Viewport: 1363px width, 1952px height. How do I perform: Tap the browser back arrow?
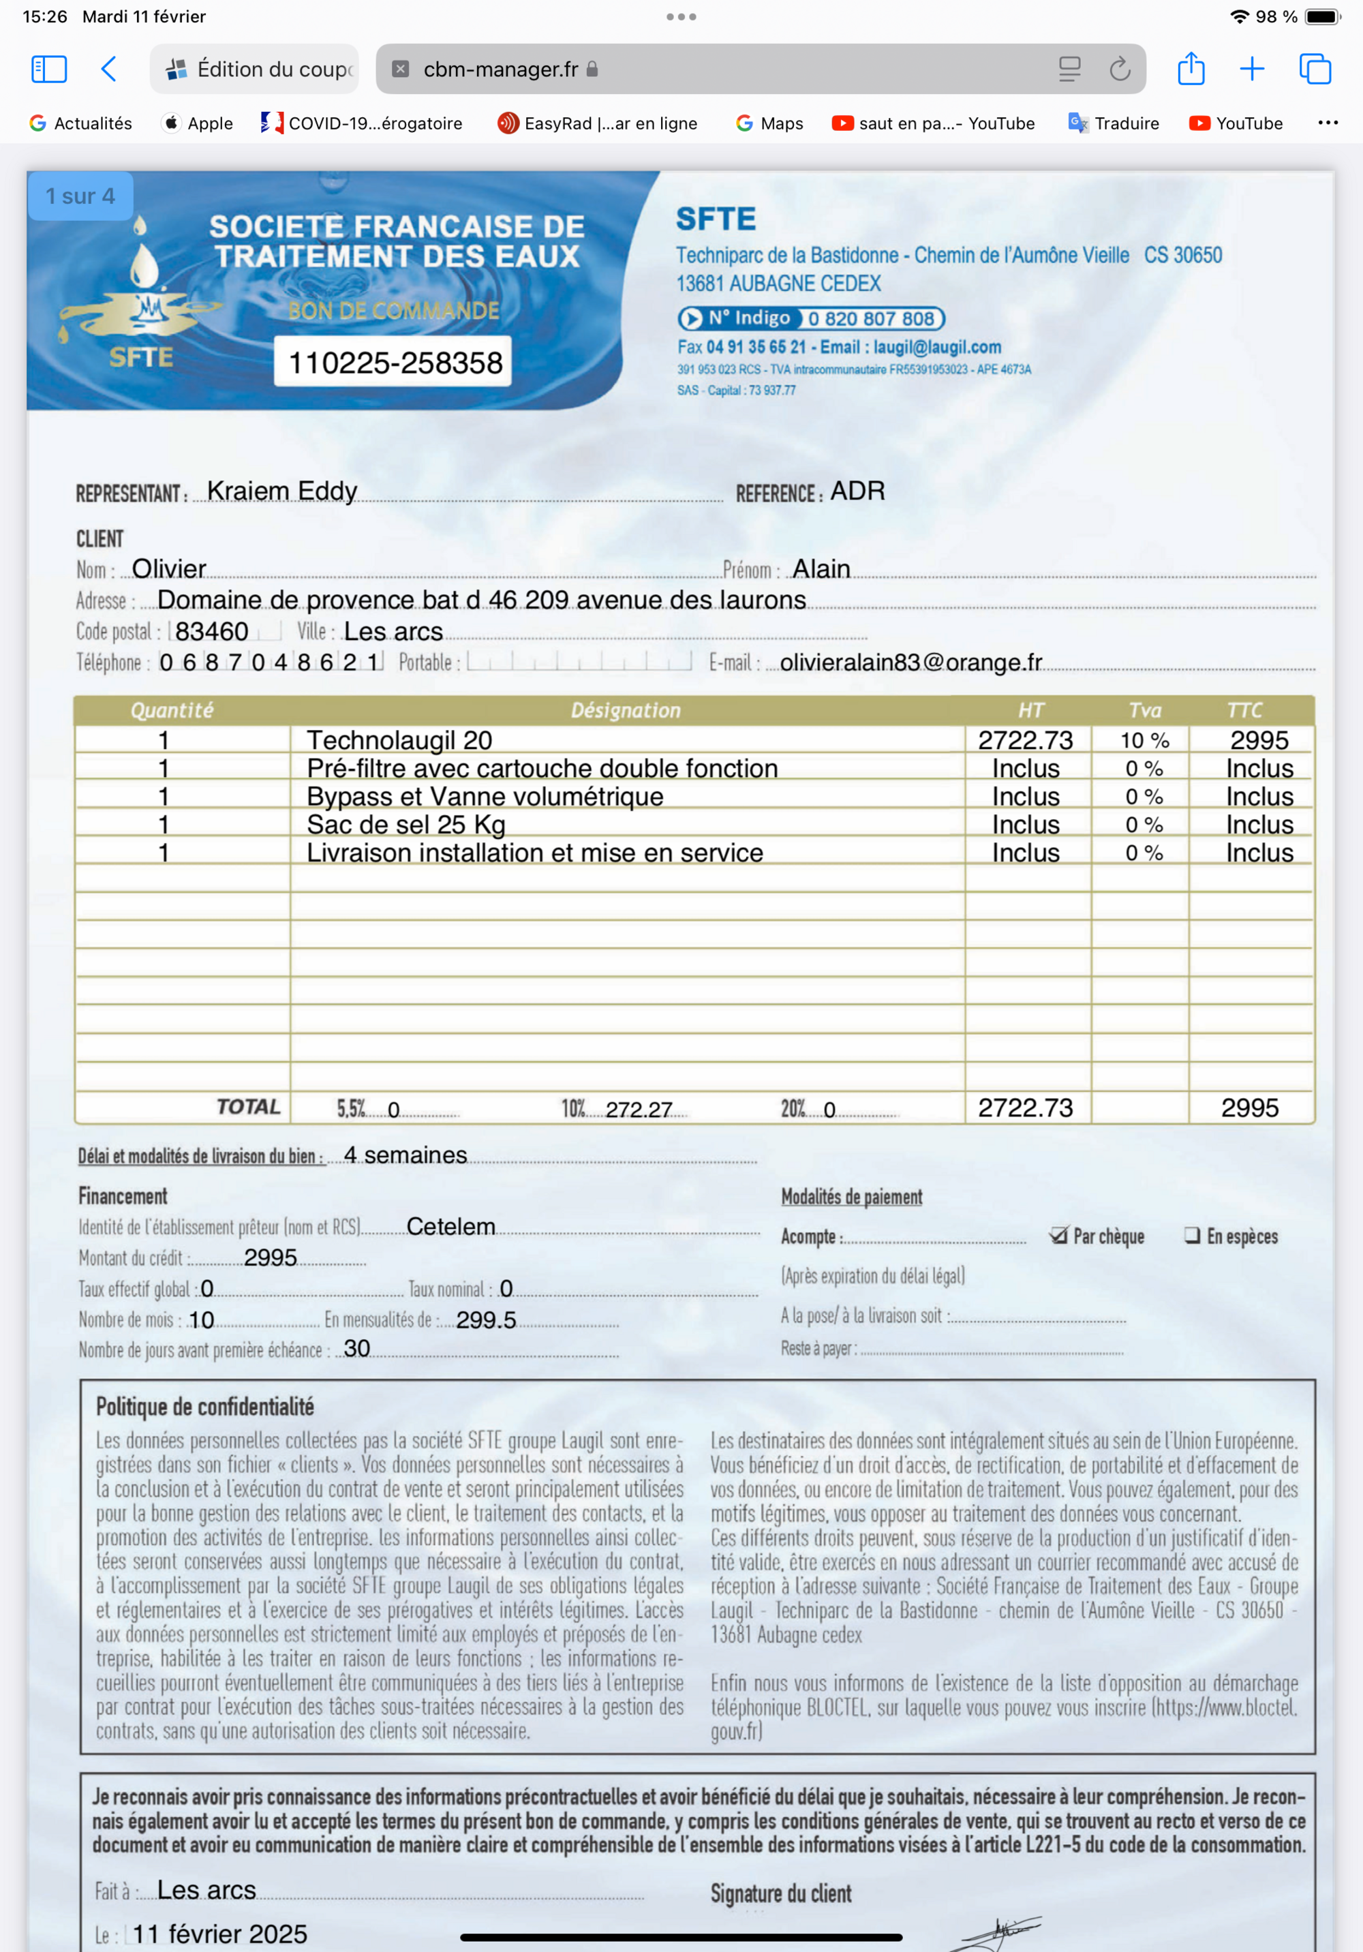(x=109, y=69)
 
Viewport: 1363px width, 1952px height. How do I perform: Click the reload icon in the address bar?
(x=1120, y=69)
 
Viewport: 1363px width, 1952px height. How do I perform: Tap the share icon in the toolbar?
(x=1191, y=69)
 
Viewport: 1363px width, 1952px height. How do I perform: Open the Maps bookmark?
(x=769, y=123)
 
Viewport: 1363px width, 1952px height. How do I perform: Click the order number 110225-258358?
(x=395, y=363)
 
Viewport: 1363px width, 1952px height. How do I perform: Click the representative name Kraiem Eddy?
(x=281, y=491)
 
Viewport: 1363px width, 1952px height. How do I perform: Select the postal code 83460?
(x=212, y=631)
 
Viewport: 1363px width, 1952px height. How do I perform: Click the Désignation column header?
(x=625, y=710)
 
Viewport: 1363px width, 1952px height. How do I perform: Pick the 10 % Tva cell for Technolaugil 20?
(x=1144, y=740)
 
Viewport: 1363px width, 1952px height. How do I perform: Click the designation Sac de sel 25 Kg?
(x=405, y=825)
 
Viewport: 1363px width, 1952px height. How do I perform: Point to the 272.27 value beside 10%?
(x=638, y=1110)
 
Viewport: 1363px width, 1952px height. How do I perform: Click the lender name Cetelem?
(x=450, y=1226)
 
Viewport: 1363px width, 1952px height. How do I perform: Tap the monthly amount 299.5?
(x=485, y=1320)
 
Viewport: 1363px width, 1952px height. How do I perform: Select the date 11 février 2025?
(x=219, y=1934)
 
